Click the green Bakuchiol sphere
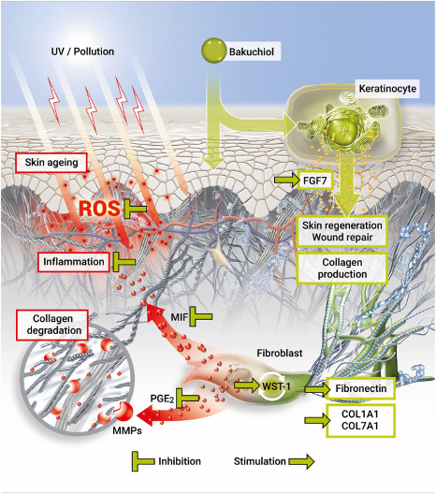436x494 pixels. [x=214, y=51]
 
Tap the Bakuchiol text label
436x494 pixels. [x=252, y=51]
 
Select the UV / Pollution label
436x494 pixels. [x=82, y=51]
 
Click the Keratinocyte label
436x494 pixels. [x=387, y=89]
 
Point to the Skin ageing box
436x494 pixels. [x=51, y=163]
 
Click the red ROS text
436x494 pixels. [x=99, y=209]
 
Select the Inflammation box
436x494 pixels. [x=74, y=262]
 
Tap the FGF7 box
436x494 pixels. [x=314, y=181]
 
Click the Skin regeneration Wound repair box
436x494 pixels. [x=342, y=231]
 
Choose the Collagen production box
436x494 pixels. [x=342, y=269]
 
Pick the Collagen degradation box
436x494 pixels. [x=52, y=325]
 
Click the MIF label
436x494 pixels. [x=180, y=317]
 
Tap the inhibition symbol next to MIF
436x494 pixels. [x=200, y=316]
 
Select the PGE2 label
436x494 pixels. [x=162, y=399]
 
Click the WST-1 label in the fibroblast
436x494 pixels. [x=276, y=385]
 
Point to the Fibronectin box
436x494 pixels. [x=361, y=388]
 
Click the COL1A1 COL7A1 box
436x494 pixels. [x=360, y=420]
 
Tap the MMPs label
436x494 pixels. [x=127, y=430]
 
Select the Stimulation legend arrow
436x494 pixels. [x=301, y=461]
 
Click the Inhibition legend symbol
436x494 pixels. [x=143, y=461]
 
